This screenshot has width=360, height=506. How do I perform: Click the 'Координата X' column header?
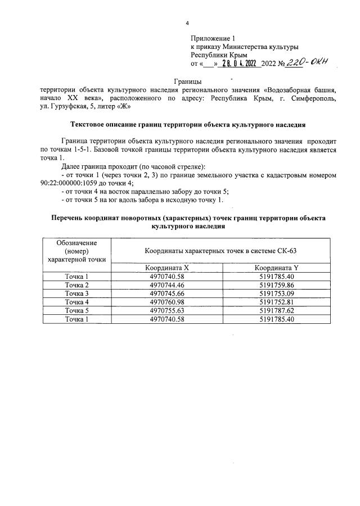(x=167, y=268)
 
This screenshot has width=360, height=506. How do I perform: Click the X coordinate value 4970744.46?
(x=167, y=285)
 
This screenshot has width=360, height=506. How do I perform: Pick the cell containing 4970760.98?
(x=167, y=302)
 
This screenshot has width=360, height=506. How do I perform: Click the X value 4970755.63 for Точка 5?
(x=167, y=310)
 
